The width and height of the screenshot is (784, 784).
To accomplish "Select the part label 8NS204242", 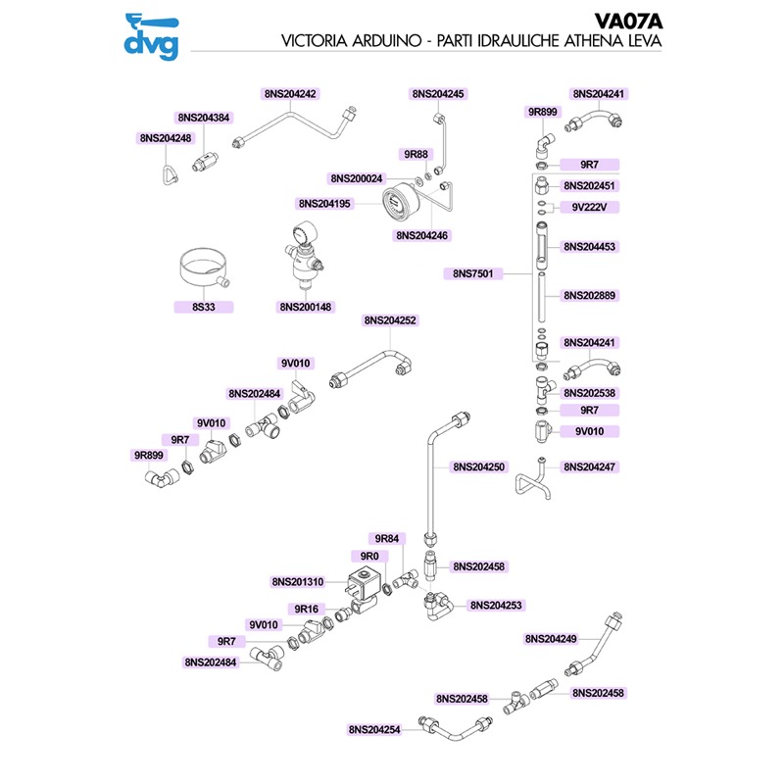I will (290, 94).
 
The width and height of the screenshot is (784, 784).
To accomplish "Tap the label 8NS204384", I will (204, 117).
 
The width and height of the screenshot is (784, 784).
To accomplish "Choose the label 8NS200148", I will (306, 307).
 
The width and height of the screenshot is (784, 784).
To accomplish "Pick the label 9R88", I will (416, 155).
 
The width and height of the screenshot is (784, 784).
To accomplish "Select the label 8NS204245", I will (437, 94).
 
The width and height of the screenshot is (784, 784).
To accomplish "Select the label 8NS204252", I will (390, 320).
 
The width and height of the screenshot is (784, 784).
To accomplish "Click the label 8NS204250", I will (478, 468).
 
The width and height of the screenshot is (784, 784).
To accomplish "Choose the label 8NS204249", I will (551, 638).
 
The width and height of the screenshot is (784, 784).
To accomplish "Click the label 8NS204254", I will (374, 730).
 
